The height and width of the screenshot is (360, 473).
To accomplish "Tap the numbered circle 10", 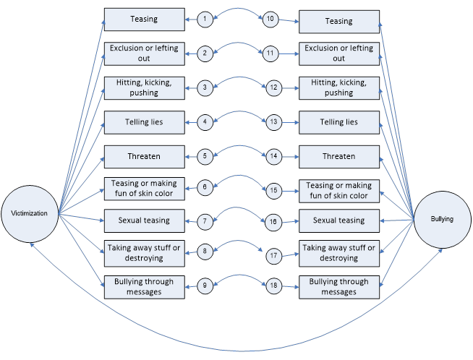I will click(270, 20).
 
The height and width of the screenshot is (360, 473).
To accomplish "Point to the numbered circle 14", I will click(273, 156).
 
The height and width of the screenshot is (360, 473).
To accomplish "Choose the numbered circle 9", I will click(205, 286).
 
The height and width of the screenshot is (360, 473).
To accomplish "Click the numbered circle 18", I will click(273, 286).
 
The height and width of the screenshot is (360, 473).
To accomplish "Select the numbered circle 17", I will click(273, 254).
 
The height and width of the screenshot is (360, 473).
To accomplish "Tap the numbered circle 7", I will click(205, 220).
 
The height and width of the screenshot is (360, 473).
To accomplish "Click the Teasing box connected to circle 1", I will click(145, 20).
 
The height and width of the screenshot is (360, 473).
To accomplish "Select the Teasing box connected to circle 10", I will click(339, 21).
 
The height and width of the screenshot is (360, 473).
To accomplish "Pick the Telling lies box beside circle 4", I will click(145, 122).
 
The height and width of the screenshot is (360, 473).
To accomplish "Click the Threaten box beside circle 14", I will click(339, 156).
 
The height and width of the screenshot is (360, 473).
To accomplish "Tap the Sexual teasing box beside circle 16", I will click(339, 220).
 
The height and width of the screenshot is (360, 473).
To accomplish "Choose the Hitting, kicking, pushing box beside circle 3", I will click(145, 87).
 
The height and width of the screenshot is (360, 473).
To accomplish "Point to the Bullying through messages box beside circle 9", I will click(145, 286).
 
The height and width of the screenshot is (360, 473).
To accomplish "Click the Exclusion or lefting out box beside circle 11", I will click(339, 53).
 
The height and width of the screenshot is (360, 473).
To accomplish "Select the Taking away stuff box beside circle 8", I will click(145, 252).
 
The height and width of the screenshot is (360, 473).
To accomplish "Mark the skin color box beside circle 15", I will click(339, 191).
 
